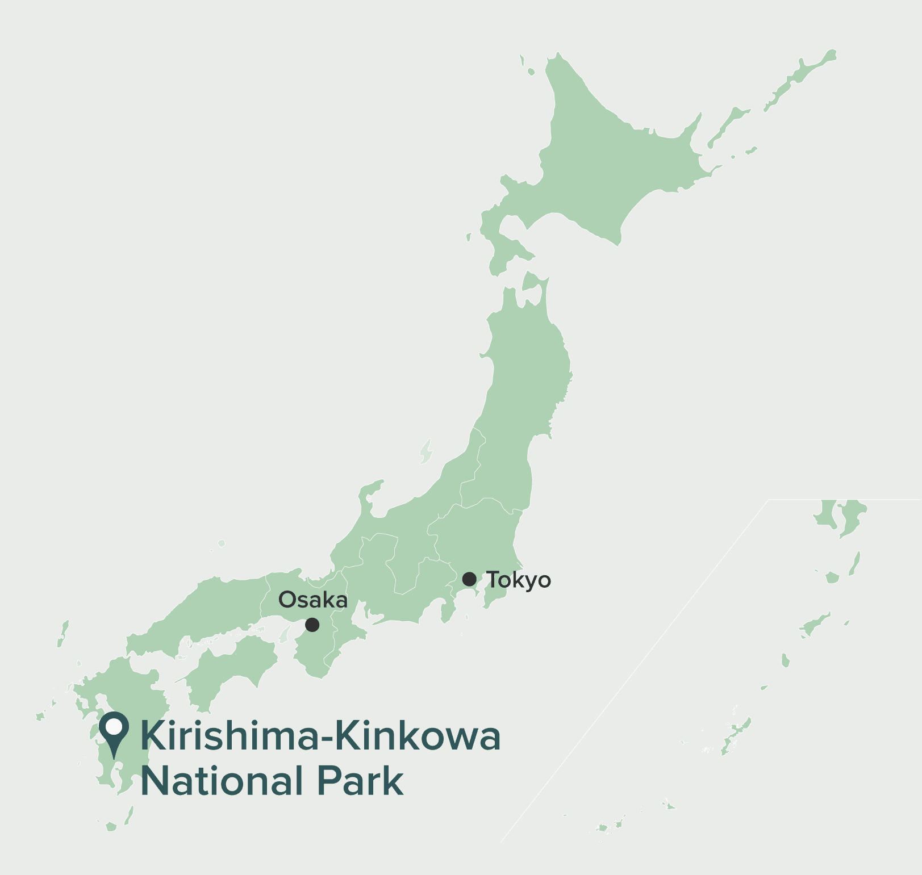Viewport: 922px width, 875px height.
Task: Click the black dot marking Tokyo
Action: point(469,579)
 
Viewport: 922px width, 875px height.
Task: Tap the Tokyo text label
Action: point(519,580)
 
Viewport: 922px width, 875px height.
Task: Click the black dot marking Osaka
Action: point(312,625)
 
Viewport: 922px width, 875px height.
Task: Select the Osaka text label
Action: point(313,600)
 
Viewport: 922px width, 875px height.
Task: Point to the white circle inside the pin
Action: point(114,726)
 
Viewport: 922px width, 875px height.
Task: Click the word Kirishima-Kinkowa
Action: point(320,736)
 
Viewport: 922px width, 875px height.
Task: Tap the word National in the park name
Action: point(221,781)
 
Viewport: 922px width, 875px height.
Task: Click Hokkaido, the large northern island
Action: point(614,165)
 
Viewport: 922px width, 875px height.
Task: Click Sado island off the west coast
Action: point(425,451)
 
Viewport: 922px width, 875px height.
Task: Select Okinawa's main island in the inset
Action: point(736,735)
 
